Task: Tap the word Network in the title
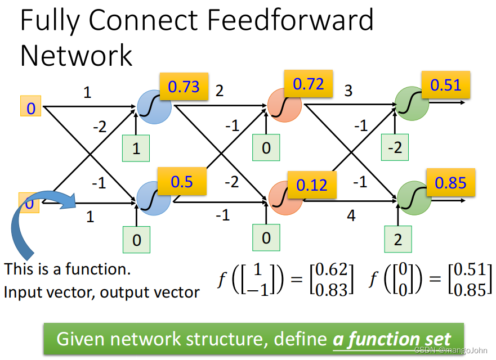click(76, 56)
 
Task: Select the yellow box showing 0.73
click(184, 86)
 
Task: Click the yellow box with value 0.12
click(312, 184)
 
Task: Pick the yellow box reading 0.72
click(309, 84)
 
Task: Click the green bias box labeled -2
click(394, 148)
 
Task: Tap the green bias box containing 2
click(398, 238)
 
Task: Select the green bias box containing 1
click(136, 149)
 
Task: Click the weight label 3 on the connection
click(348, 91)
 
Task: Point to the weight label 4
click(351, 215)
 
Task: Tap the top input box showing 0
click(31, 107)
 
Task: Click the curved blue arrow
click(34, 219)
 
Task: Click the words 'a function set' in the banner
click(392, 339)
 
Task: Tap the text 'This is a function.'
click(68, 269)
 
